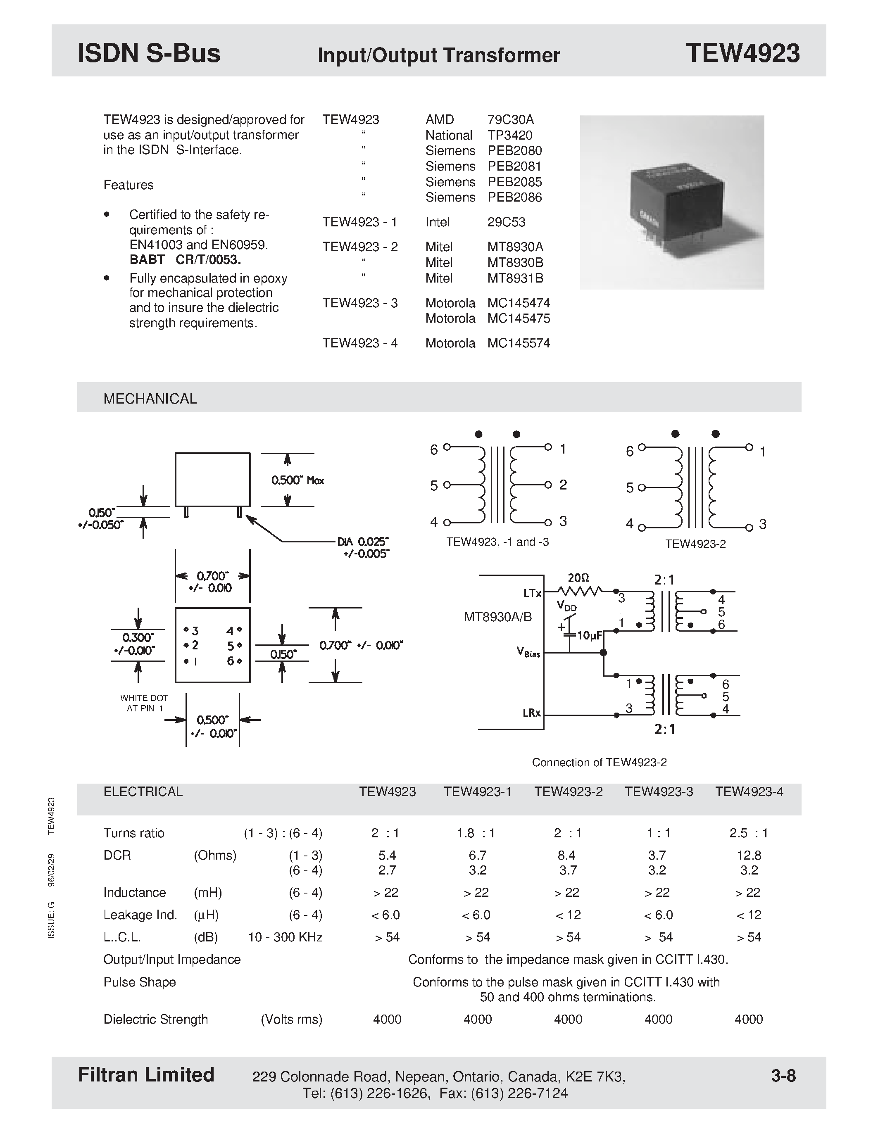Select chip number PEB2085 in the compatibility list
[514, 182]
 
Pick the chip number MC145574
[518, 343]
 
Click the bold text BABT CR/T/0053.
[185, 259]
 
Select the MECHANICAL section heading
[150, 399]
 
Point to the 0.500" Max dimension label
[297, 480]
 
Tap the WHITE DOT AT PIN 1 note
[144, 703]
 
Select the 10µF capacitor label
[589, 636]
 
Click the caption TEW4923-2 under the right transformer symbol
[695, 544]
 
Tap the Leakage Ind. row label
[140, 915]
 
